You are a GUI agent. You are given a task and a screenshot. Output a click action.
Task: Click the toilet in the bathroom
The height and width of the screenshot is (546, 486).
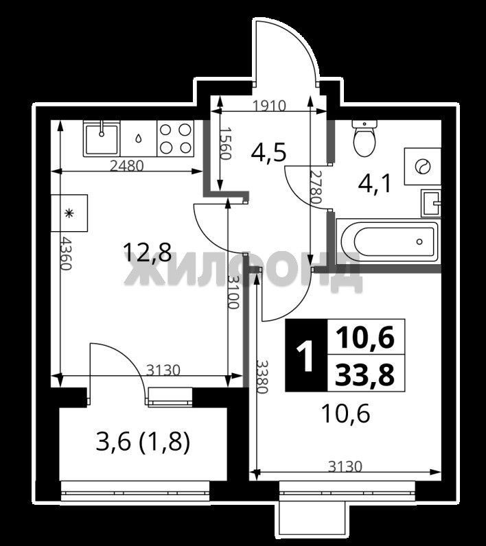364,138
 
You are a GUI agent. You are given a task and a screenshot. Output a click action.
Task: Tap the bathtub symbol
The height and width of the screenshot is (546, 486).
388,241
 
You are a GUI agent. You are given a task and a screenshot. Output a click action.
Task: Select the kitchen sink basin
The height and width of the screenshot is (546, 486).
102,139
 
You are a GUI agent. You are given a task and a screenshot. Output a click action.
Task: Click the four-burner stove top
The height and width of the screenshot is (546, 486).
175,139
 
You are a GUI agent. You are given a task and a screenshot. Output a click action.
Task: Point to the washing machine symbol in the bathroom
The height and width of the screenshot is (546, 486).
423,166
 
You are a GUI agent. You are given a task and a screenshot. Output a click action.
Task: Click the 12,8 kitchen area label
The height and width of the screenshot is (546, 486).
148,252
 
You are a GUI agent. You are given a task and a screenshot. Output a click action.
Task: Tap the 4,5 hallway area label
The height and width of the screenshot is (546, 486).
268,153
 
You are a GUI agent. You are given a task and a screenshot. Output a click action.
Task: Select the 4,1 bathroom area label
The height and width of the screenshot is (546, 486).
375,183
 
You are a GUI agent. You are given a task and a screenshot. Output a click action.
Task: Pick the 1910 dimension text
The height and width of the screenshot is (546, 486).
269,106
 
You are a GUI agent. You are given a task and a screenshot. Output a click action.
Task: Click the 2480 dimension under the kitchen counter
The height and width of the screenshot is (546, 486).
126,166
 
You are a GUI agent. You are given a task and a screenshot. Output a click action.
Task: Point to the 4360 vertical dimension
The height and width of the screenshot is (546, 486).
66,253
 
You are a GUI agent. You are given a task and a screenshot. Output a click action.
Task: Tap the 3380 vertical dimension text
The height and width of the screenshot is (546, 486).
262,377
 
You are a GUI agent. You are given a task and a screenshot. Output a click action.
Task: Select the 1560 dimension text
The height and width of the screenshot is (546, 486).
225,143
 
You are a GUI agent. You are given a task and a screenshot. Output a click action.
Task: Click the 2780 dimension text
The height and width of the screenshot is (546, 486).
316,187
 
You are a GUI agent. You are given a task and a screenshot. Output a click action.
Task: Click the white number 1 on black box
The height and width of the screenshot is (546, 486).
307,355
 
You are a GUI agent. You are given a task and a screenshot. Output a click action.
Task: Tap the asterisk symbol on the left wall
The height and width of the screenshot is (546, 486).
69,213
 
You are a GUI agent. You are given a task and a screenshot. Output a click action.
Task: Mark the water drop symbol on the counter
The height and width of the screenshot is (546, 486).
139,139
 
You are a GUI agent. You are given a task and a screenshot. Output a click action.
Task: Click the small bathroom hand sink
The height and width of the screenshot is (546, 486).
431,203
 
